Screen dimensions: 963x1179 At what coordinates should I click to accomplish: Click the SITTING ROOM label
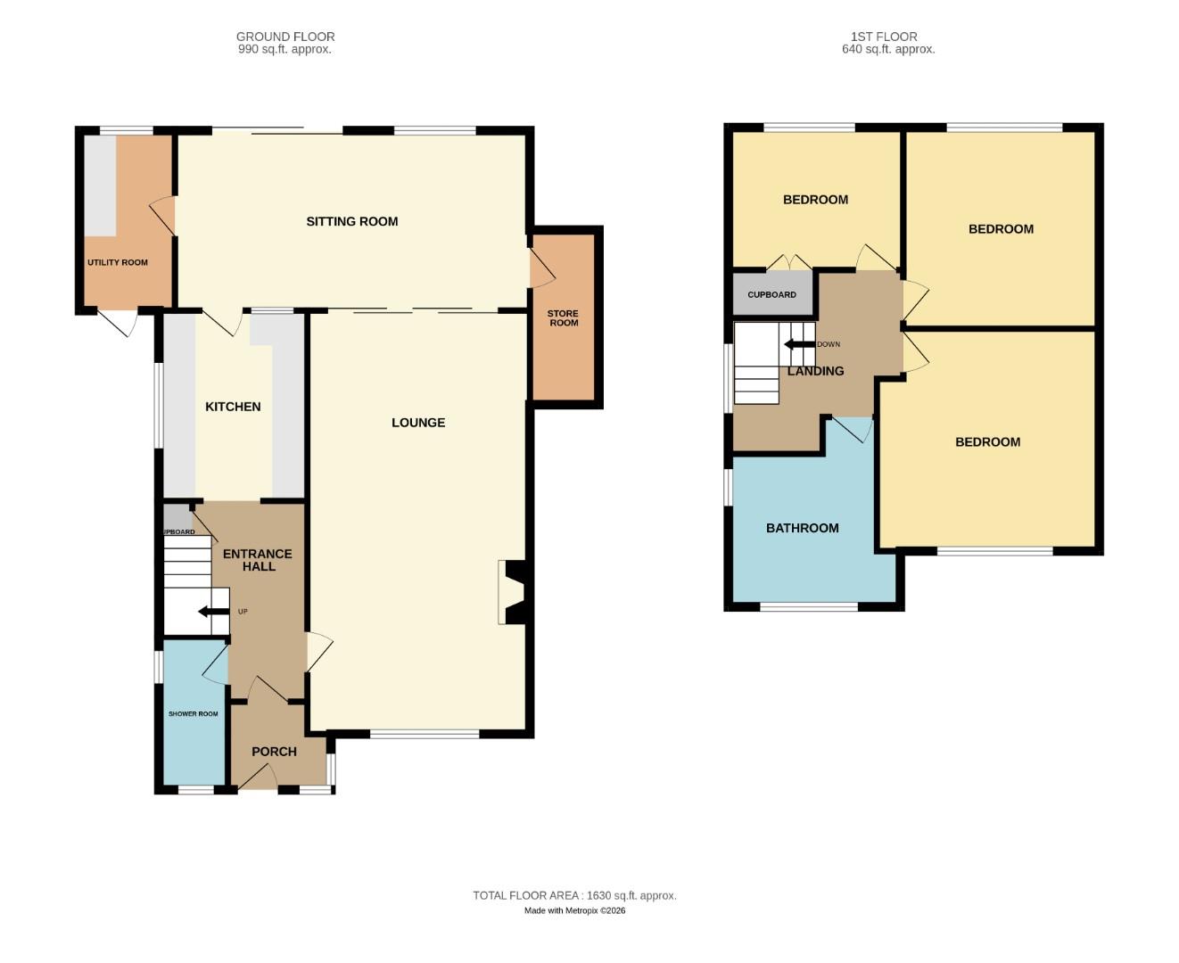pos(352,221)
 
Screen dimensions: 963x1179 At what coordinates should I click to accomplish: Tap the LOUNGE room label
pos(418,423)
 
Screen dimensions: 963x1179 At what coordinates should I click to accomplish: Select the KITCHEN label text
pos(233,407)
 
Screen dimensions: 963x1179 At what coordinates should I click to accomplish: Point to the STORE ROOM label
pos(563,318)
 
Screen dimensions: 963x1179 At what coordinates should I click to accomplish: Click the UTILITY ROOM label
pos(118,263)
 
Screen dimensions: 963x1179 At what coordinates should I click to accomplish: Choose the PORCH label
pos(274,752)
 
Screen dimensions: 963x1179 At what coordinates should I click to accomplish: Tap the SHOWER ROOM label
pos(194,714)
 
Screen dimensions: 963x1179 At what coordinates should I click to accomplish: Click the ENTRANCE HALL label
pos(258,560)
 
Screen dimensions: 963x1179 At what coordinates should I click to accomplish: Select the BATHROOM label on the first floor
pos(802,528)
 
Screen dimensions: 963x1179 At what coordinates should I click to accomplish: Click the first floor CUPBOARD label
pos(771,295)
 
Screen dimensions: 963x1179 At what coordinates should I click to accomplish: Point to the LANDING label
pos(815,371)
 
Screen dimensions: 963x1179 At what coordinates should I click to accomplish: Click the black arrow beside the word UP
pos(214,612)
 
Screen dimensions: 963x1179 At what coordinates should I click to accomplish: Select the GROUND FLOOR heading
pos(285,37)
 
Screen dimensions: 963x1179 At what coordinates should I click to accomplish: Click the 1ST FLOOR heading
pos(884,37)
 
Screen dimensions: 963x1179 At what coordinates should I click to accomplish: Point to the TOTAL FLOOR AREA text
pos(574,895)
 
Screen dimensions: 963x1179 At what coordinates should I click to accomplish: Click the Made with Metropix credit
pos(574,910)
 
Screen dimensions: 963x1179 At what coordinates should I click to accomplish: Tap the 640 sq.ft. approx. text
pos(888,50)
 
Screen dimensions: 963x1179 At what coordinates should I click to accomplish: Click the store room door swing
pos(540,267)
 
